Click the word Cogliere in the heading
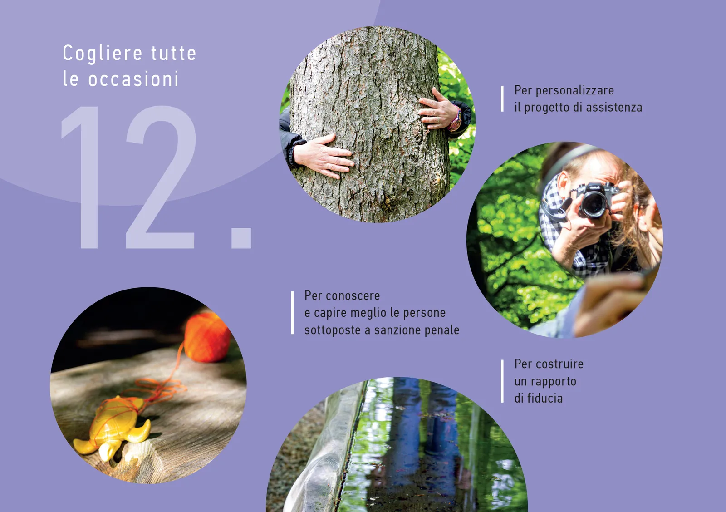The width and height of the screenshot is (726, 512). (103, 54)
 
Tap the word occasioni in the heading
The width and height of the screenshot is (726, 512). (133, 79)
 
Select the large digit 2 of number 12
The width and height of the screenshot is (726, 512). (161, 177)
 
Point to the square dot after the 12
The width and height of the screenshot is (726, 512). (241, 238)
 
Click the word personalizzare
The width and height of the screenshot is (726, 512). (574, 90)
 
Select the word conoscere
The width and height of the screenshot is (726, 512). (353, 296)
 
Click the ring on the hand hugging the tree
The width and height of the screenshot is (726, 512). (438, 120)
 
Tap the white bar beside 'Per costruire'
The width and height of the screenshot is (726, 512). (502, 381)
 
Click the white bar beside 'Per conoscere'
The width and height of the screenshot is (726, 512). (292, 313)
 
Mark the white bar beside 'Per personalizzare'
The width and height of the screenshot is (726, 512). (502, 99)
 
